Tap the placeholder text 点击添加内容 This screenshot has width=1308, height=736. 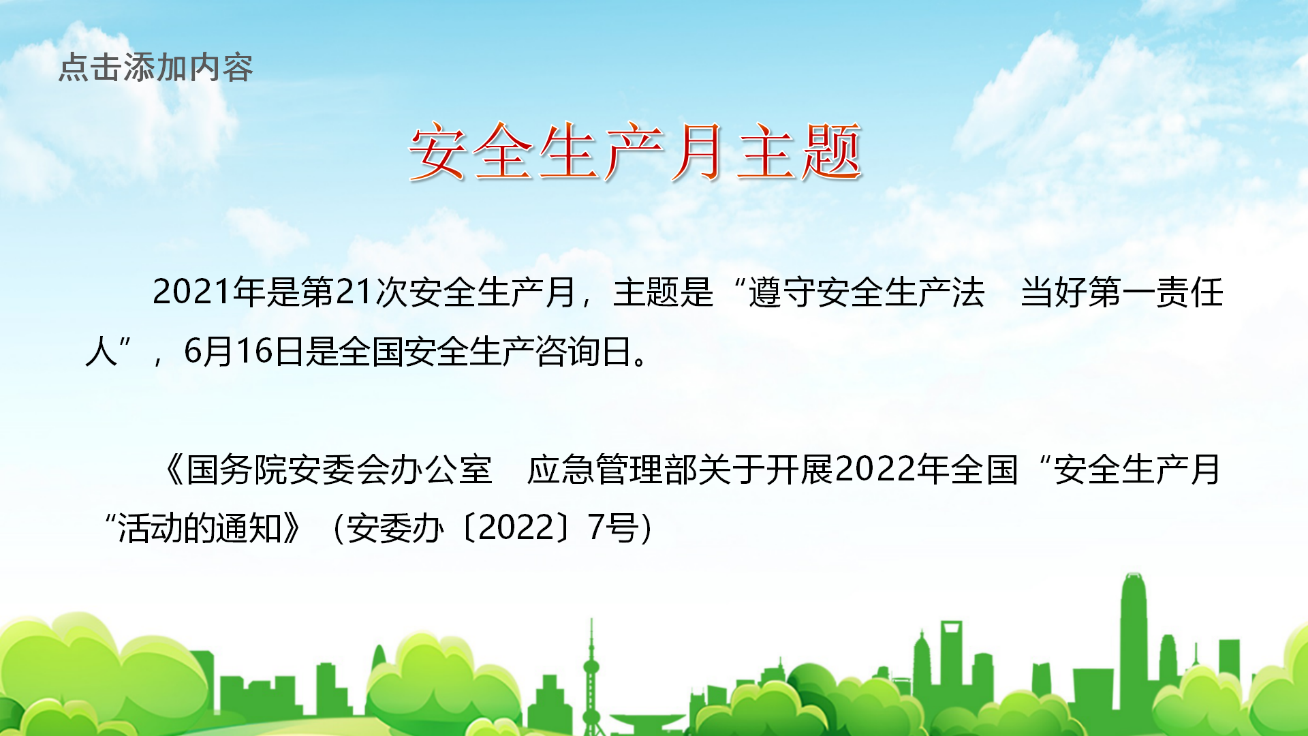(x=156, y=67)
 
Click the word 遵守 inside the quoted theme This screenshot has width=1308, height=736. (x=782, y=292)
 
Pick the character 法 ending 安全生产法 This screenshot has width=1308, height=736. (x=968, y=292)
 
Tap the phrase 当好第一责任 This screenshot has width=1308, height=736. (x=1122, y=292)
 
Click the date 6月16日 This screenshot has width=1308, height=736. (x=244, y=352)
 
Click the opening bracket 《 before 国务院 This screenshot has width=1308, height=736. (x=173, y=470)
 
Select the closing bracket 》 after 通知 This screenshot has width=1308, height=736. (x=294, y=529)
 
